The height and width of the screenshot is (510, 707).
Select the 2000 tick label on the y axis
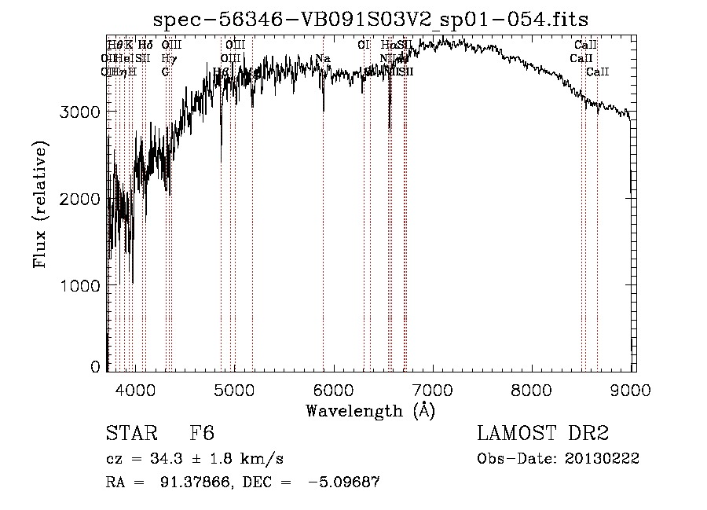80,198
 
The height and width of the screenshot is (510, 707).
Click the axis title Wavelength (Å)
370,410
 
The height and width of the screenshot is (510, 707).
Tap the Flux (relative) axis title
40,204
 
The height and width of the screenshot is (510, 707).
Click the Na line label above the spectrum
323,58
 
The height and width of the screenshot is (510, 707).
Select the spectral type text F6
202,434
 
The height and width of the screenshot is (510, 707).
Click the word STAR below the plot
130,434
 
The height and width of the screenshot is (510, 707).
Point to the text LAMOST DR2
544,434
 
